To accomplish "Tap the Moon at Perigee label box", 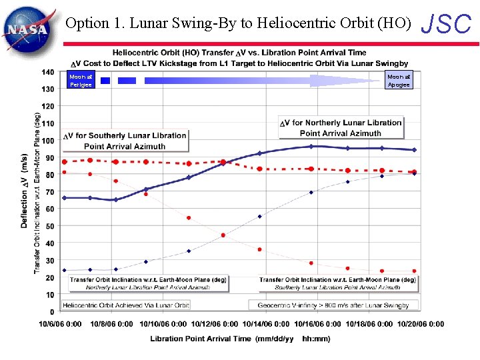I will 79,81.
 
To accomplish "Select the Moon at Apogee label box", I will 399,81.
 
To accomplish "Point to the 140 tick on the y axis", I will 48,71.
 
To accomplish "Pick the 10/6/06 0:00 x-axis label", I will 60,325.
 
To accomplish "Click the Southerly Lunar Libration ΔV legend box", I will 125,141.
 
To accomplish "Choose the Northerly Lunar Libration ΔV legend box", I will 341,127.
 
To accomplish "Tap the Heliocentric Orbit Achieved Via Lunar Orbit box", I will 126,305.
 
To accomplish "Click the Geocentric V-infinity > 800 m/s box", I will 335,305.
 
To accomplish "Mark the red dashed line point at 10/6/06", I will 65,162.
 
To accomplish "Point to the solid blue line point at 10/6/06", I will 65,198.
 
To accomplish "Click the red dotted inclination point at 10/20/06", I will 414,271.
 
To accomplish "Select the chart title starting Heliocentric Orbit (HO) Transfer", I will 239,53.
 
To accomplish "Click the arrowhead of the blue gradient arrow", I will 347,81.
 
